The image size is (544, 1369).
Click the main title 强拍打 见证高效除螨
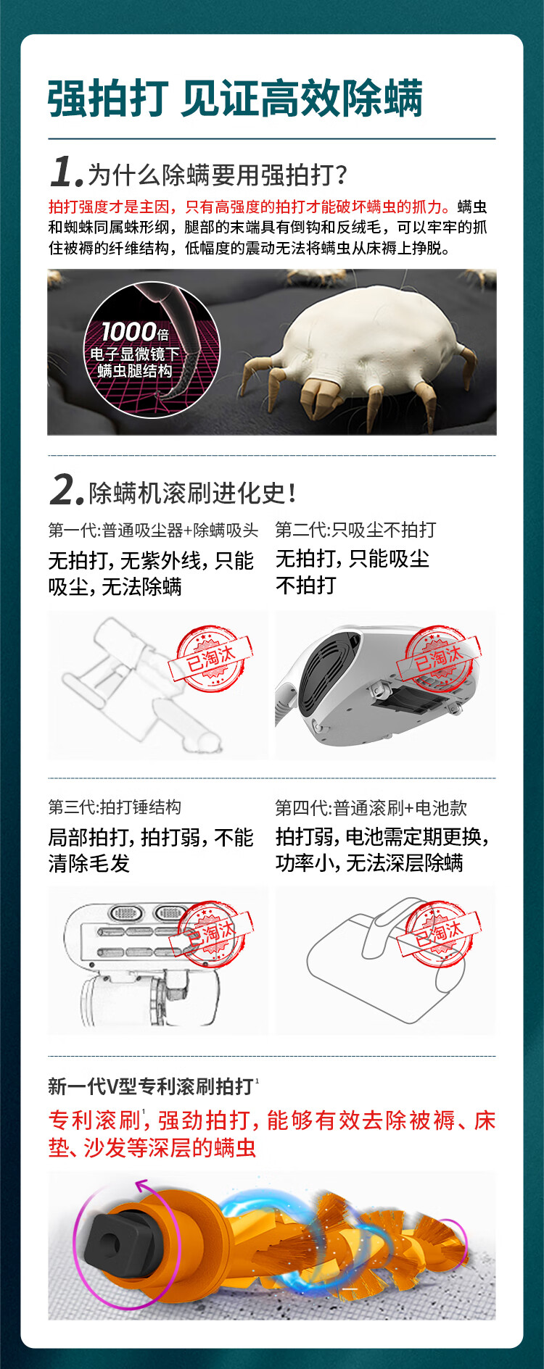(x=235, y=99)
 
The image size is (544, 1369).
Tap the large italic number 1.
(x=66, y=172)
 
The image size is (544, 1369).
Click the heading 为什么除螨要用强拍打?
(x=218, y=175)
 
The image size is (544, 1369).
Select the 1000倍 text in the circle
(x=136, y=332)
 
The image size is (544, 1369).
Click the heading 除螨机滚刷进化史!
(x=192, y=493)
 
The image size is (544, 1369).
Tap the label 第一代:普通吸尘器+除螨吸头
(x=153, y=530)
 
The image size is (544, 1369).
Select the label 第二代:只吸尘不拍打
(x=355, y=530)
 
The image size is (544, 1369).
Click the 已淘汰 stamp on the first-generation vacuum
(x=211, y=657)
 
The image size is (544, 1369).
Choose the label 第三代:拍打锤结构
(x=115, y=807)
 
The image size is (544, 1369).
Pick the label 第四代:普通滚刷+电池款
(x=371, y=807)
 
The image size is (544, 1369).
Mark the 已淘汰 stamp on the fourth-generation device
(x=440, y=933)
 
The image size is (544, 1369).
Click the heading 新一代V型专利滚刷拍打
(x=151, y=1086)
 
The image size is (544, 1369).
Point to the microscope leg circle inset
(x=152, y=350)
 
